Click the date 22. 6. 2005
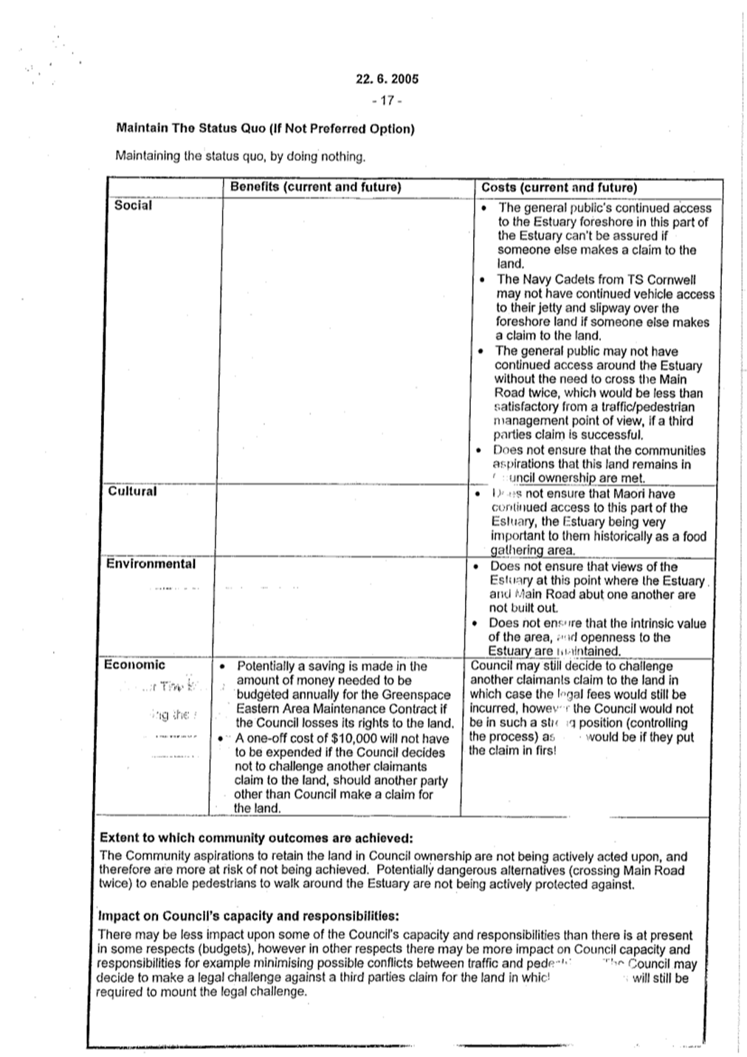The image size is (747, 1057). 386,79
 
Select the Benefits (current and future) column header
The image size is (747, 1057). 315,187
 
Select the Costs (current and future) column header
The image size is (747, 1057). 559,188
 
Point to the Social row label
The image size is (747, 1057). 133,206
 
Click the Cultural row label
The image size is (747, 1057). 132,491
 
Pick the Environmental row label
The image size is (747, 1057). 151,564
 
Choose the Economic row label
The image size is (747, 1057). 134,665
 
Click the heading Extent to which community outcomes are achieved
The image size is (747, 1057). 256,839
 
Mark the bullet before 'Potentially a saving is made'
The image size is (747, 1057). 221,666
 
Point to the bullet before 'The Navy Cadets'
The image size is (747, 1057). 481,280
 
